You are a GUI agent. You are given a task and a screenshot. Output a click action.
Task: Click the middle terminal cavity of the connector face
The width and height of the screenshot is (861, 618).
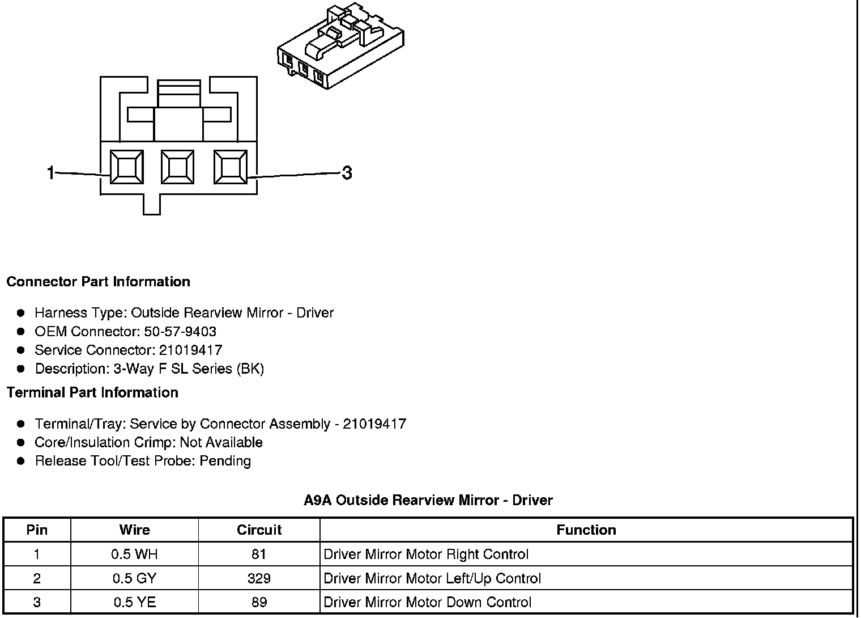(x=178, y=167)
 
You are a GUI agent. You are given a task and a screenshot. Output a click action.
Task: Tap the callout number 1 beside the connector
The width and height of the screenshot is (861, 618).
(x=51, y=172)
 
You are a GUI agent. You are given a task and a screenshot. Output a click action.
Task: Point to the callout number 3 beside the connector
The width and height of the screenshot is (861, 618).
(x=347, y=172)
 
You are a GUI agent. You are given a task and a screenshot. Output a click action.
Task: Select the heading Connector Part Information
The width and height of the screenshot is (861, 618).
(x=98, y=282)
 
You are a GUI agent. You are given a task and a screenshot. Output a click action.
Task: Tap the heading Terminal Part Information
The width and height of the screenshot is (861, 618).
(x=92, y=392)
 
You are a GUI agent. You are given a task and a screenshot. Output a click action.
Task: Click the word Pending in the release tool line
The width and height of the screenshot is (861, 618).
(x=225, y=461)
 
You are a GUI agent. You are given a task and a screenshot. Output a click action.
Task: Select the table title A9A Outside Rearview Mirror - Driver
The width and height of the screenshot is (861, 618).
(x=428, y=500)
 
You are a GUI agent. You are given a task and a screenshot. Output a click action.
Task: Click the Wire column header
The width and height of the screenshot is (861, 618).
(x=134, y=530)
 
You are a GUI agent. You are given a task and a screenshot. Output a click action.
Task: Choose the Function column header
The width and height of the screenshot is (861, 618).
(x=586, y=530)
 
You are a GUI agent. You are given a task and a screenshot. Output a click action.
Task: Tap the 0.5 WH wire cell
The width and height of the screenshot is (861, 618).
(x=134, y=554)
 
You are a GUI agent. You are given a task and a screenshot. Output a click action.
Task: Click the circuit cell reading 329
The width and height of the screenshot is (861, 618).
(x=259, y=579)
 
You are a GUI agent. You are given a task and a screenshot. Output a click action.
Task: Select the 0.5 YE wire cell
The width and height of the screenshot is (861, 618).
(x=134, y=603)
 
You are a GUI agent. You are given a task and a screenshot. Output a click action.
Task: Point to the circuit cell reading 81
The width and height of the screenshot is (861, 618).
(x=259, y=554)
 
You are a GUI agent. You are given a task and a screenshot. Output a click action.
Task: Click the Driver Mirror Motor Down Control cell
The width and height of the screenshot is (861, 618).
(x=427, y=603)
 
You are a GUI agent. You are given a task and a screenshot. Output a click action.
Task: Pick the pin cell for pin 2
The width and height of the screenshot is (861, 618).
(x=37, y=579)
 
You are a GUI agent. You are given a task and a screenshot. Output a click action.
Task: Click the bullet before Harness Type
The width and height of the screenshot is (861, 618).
(x=21, y=313)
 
